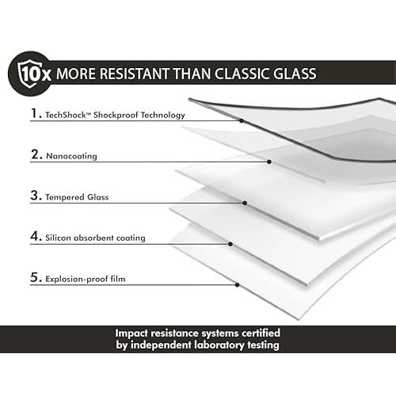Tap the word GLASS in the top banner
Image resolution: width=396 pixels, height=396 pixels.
(295, 74)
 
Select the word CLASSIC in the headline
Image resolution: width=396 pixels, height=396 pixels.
(242, 74)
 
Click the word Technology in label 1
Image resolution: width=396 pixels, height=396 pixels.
(162, 116)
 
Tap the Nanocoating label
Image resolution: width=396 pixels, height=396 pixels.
(71, 156)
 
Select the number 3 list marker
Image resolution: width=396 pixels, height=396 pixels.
(36, 196)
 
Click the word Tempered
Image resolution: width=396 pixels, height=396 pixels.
(65, 197)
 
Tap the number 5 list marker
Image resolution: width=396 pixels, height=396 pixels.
(36, 277)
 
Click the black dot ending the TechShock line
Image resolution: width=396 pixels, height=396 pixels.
(242, 121)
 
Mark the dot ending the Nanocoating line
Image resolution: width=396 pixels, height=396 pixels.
(269, 162)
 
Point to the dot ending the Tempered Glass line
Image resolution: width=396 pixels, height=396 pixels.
(245, 203)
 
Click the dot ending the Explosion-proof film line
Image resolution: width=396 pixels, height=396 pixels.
(237, 285)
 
